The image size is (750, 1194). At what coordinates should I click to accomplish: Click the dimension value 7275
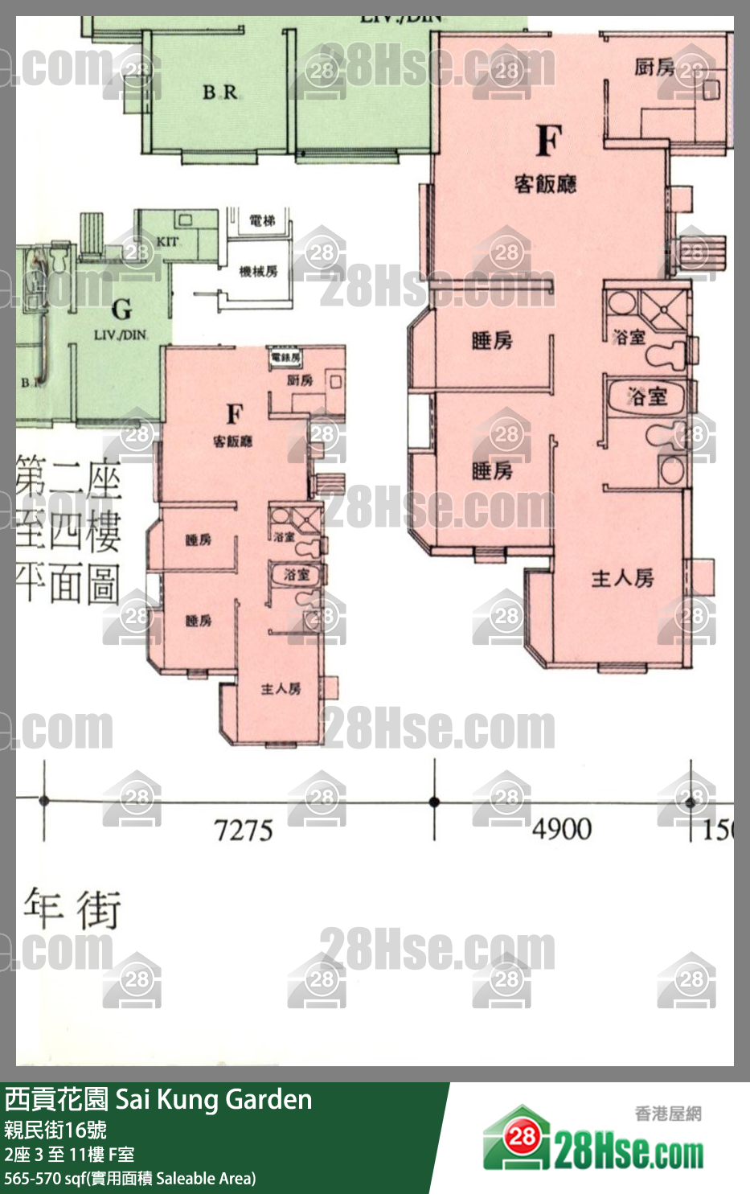[244, 829]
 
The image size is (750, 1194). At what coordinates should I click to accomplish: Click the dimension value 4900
[562, 828]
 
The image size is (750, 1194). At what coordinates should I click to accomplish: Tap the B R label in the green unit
[220, 92]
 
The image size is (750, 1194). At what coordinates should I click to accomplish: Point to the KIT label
[167, 241]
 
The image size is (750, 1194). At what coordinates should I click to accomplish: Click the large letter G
[122, 309]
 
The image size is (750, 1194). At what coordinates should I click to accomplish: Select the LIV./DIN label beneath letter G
[121, 334]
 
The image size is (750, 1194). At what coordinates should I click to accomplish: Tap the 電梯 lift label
[262, 220]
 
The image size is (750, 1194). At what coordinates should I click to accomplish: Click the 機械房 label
[258, 272]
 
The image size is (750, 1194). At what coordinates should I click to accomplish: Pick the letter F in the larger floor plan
[548, 142]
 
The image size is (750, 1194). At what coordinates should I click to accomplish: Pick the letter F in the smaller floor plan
[234, 414]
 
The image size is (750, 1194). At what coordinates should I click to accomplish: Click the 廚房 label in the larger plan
[654, 68]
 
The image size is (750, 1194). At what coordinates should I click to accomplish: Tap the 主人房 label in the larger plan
[622, 578]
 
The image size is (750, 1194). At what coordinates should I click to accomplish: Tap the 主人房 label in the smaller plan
[281, 688]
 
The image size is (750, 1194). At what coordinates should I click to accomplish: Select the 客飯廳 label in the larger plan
[545, 184]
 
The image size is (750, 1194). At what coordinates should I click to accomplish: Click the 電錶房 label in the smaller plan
[285, 357]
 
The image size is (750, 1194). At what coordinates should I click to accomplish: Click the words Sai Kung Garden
[214, 1099]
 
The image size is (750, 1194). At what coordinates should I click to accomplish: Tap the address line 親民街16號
[55, 1130]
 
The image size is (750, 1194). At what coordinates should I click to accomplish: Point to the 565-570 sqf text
[43, 1178]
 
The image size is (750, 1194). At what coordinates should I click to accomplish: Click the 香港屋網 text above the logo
[668, 1113]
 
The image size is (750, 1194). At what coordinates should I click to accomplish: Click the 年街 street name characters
[72, 909]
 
